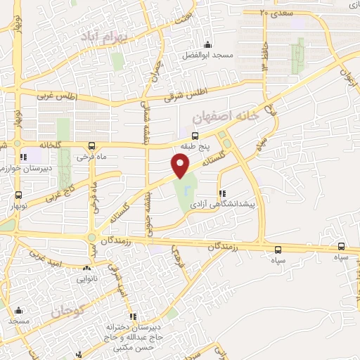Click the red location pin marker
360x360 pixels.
181,166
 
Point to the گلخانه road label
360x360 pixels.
36,145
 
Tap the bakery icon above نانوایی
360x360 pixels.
86,268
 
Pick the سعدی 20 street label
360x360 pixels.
274,12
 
